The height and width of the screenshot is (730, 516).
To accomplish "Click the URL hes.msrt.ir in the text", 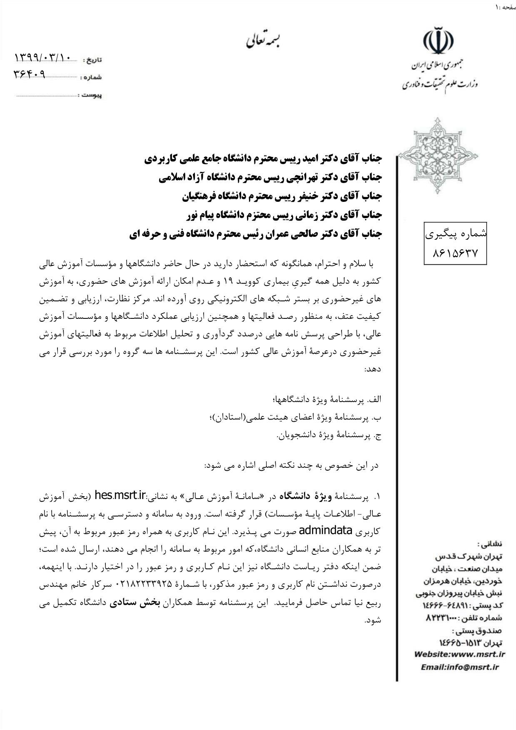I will pos(120,495).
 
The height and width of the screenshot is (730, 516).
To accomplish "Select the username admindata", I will pos(326,531).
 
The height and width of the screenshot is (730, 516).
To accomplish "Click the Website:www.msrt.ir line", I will pos(459,654).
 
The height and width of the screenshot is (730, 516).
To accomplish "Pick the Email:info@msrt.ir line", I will pos(459,667).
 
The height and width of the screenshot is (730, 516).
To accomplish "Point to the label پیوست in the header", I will pos(92,96).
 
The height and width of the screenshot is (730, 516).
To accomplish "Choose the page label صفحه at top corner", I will pos(509,7).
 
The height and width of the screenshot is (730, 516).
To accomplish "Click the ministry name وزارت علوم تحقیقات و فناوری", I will pos(440,84).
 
